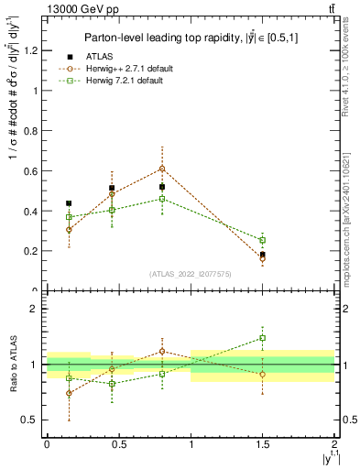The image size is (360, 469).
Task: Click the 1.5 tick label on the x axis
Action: point(263,444)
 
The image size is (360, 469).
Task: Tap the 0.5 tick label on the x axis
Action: point(119,444)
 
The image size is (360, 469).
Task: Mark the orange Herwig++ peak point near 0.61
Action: point(162,169)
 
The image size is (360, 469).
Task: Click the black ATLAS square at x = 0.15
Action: point(69,203)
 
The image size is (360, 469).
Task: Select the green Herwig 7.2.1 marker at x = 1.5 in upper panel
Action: point(263,240)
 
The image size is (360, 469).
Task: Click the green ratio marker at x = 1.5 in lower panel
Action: point(263,338)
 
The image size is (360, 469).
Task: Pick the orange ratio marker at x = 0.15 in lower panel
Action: point(69,393)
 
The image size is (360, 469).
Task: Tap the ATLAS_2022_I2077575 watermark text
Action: point(189,273)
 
